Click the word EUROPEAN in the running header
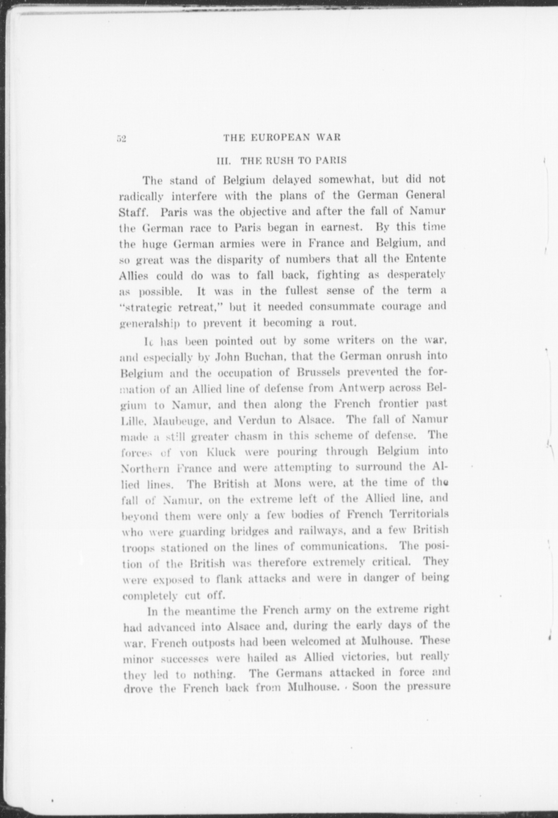[x=278, y=137]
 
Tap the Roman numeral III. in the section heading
[x=223, y=160]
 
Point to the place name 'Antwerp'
[x=362, y=388]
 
